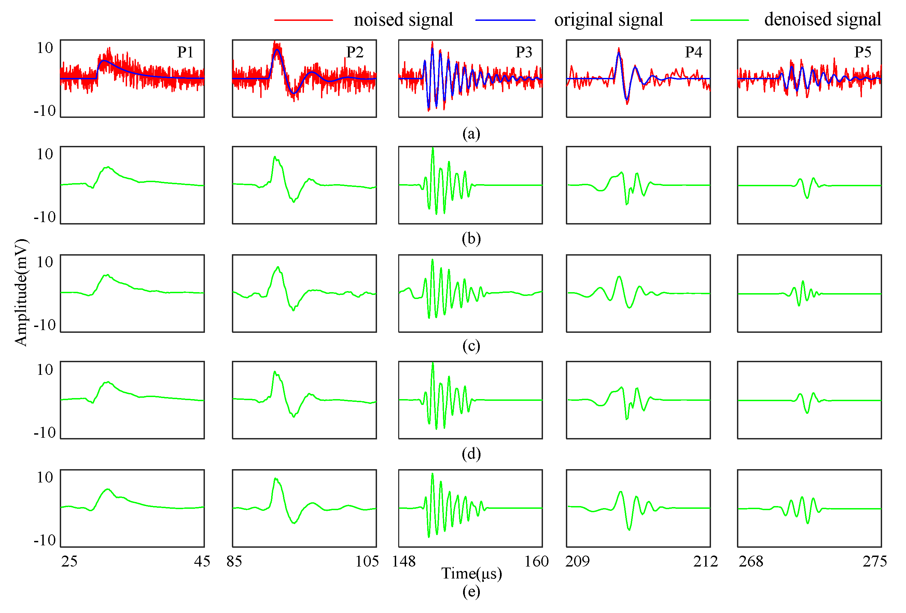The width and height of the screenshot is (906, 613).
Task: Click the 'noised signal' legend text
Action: [x=403, y=19]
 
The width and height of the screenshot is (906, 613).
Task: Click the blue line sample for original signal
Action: [x=505, y=20]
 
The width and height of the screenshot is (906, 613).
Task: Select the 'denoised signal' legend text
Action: [x=822, y=19]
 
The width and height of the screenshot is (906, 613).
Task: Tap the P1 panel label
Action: [x=185, y=52]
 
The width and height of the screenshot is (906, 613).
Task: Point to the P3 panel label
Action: [x=523, y=52]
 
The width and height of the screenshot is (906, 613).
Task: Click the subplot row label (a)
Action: [x=471, y=133]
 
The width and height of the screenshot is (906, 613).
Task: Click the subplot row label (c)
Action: [x=471, y=345]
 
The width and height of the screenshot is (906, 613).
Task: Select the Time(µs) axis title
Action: [x=471, y=573]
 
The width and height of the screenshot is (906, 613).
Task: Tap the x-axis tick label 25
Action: [x=69, y=561]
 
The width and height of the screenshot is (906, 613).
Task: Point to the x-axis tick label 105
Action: [x=366, y=561]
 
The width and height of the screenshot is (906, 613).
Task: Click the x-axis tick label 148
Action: [x=404, y=561]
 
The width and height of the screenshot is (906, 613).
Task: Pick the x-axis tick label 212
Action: [x=705, y=561]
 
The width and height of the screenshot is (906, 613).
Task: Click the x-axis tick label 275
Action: [x=875, y=561]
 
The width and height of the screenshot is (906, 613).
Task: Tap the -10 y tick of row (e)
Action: [x=45, y=540]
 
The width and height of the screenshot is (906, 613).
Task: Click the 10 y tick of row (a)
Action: [x=45, y=48]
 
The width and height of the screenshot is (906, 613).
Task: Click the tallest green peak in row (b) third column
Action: [x=432, y=149]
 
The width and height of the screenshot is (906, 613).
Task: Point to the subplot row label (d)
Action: [x=471, y=453]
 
